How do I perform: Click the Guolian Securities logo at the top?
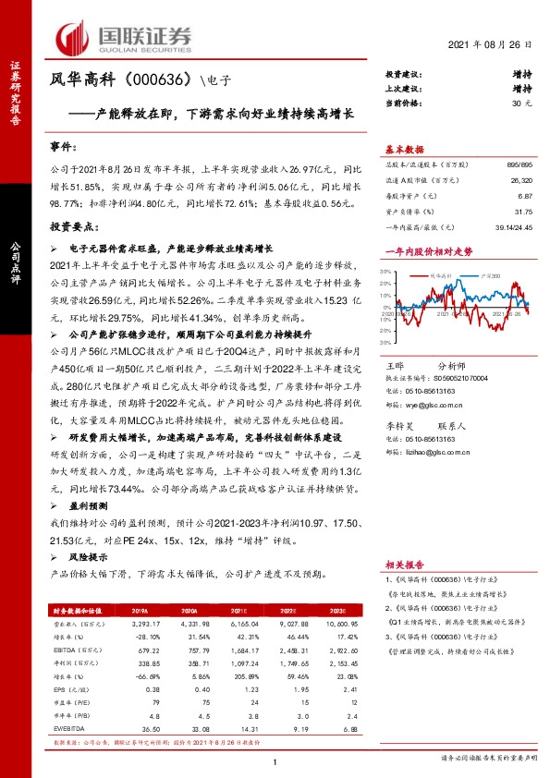(125, 37)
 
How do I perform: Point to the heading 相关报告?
(405, 563)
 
